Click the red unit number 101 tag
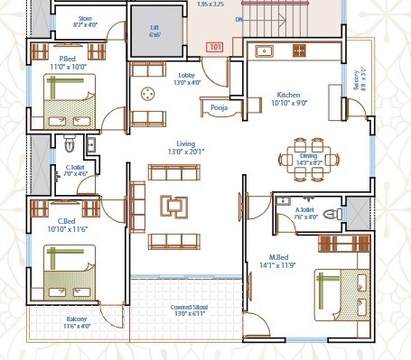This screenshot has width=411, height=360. (x=215, y=46)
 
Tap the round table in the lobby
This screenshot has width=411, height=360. (x=146, y=92)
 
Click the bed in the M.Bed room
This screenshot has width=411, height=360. (x=340, y=294)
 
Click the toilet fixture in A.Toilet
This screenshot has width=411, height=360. (x=329, y=215)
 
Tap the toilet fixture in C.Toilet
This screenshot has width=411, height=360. (x=70, y=144)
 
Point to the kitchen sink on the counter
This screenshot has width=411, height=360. (x=266, y=50)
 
